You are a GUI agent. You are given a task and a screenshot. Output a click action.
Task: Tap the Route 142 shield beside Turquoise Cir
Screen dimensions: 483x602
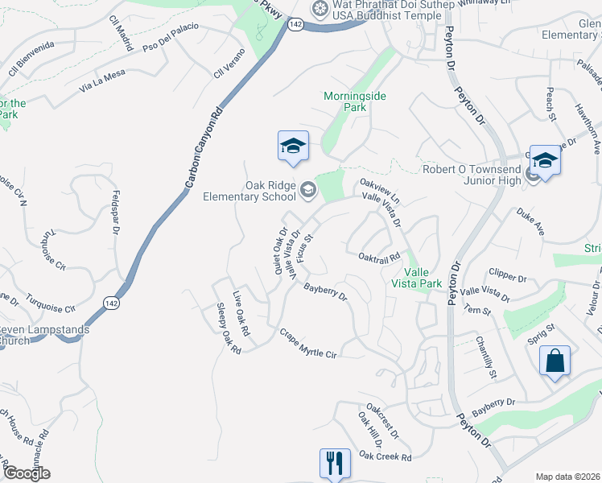tap(112, 302)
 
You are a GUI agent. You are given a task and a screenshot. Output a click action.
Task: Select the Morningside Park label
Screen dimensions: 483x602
tap(355, 101)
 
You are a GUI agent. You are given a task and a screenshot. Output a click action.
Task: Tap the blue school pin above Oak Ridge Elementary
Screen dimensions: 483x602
tap(293, 146)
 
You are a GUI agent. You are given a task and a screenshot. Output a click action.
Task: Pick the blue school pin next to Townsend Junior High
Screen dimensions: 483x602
tap(545, 160)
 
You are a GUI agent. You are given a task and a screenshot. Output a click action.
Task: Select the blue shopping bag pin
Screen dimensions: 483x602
tap(555, 361)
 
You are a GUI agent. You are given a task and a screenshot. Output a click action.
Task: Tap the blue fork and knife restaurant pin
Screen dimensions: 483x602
tap(335, 463)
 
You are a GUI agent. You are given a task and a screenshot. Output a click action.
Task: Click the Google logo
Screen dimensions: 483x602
tap(27, 473)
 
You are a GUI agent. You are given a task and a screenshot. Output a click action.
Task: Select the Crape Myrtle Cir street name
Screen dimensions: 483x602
tap(307, 343)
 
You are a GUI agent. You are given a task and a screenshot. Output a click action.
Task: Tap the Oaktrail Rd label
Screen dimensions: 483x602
tap(379, 257)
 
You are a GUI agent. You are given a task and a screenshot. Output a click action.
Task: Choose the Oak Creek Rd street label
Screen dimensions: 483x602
tap(385, 456)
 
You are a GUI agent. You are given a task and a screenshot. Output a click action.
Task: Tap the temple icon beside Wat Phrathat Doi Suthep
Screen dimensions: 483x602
tap(320, 8)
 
